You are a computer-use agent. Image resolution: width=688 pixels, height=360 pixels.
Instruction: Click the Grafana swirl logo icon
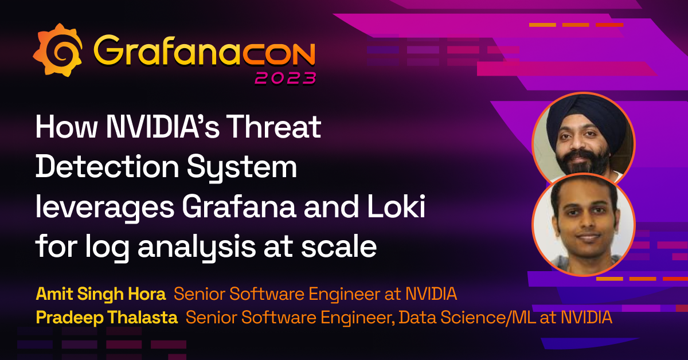(x=57, y=51)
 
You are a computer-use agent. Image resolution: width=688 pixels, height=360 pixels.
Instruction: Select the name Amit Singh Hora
(x=100, y=295)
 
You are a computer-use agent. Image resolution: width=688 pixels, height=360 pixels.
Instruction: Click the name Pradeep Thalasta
(x=107, y=317)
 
